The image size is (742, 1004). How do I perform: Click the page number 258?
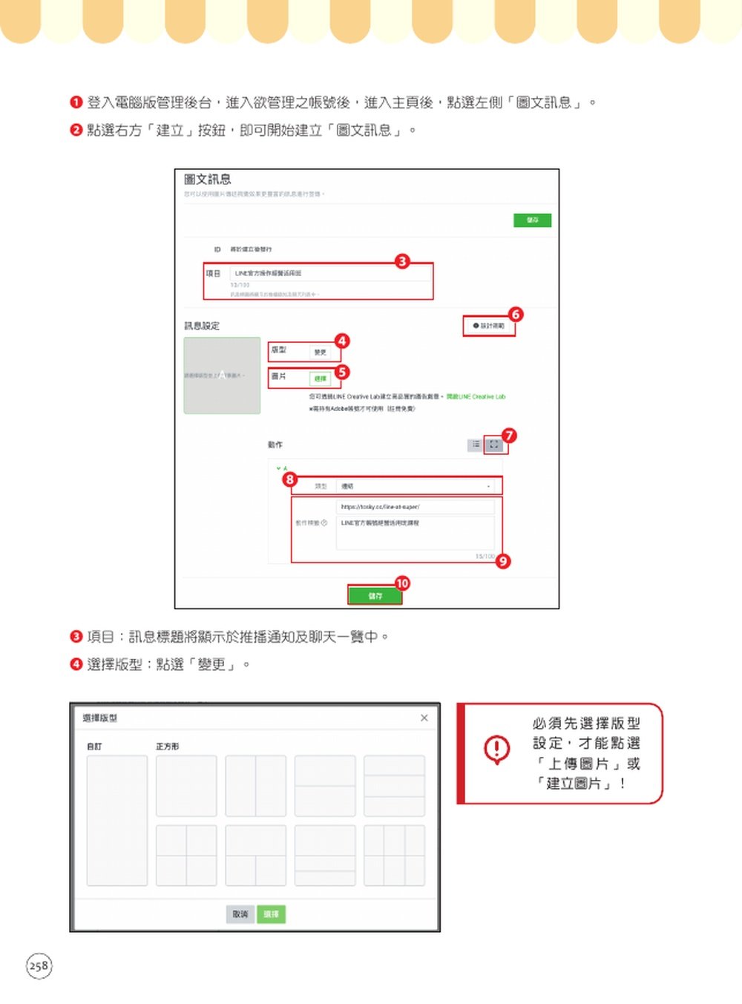[x=39, y=965]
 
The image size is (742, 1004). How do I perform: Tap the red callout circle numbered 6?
[x=516, y=315]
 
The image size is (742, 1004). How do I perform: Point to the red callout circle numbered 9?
[x=504, y=561]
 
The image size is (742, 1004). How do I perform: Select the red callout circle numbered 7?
[x=509, y=436]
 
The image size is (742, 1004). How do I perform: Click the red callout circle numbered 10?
[x=402, y=583]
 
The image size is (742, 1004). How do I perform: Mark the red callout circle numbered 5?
[x=342, y=372]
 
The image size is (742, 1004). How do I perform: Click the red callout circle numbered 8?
[x=290, y=479]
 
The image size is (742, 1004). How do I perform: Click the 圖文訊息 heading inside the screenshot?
[x=208, y=180]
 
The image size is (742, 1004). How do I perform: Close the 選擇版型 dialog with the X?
[x=424, y=718]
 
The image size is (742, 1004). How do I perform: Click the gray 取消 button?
[x=240, y=914]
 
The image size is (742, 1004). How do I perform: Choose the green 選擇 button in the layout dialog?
[x=272, y=914]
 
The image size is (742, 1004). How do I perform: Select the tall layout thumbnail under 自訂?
[x=117, y=820]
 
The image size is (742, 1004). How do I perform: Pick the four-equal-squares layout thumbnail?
[x=186, y=855]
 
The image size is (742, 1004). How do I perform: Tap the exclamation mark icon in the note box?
[x=497, y=749]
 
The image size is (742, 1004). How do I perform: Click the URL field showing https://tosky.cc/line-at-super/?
[x=416, y=507]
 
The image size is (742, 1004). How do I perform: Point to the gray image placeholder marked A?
[x=222, y=375]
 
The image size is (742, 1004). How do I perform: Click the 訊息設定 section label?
[x=202, y=326]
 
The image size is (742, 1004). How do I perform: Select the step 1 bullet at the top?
[x=76, y=102]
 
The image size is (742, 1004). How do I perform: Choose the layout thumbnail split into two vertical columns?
[x=256, y=786]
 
